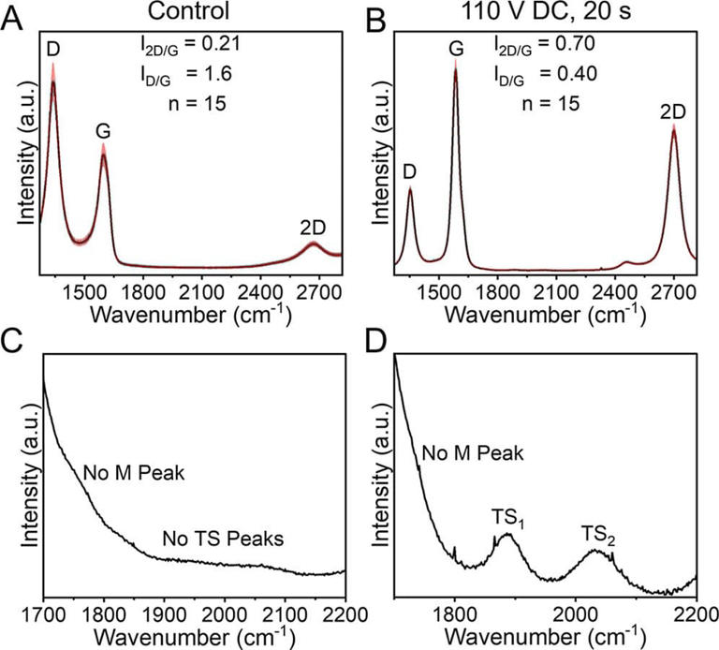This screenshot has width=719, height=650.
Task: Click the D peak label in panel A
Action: [x=54, y=47]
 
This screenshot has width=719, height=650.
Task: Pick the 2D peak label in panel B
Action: [x=673, y=111]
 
